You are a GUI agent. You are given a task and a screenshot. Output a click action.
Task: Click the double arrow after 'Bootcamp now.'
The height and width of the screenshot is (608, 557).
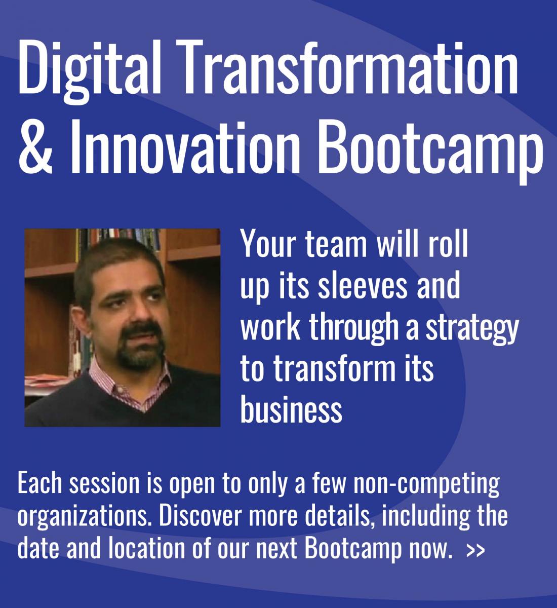pos(473,550)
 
